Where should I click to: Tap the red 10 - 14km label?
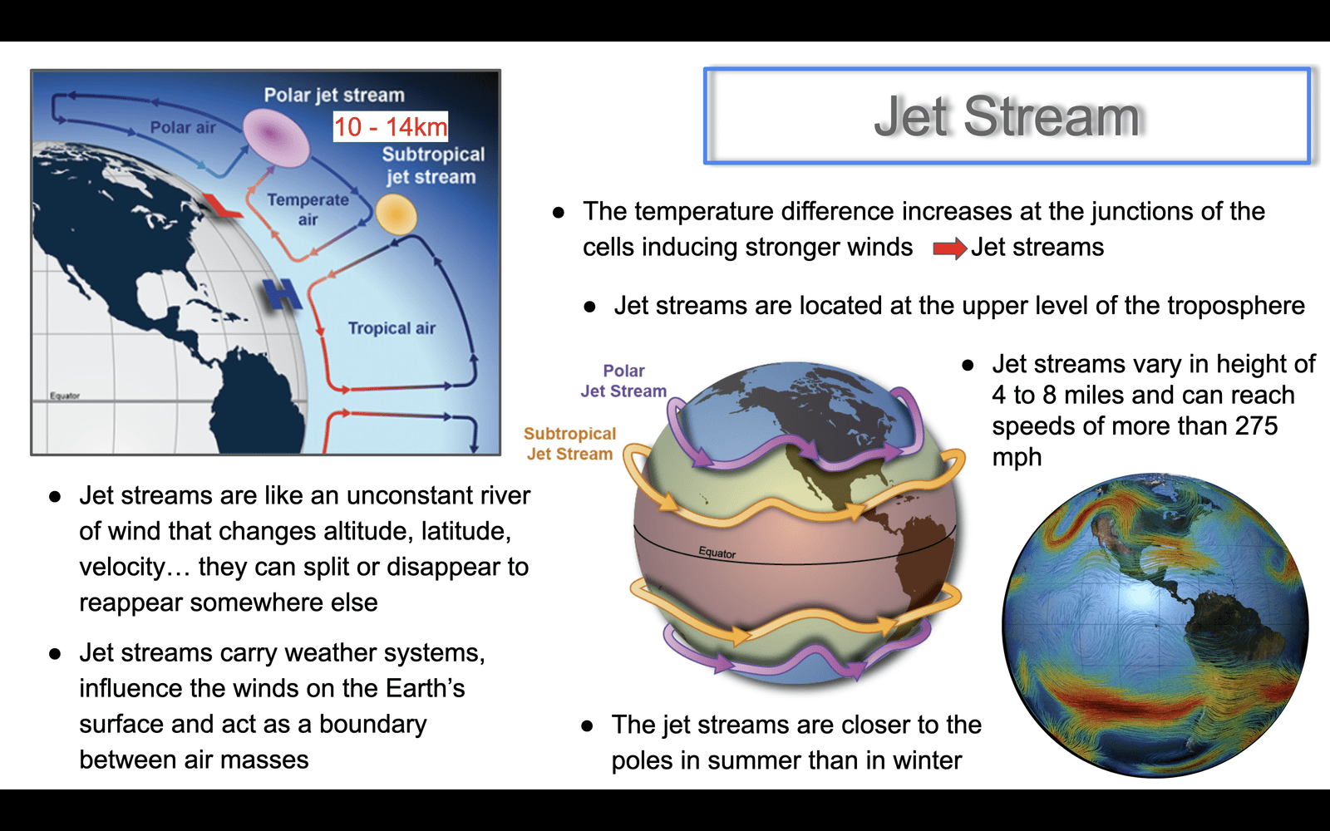(x=390, y=126)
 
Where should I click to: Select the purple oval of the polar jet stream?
(x=276, y=137)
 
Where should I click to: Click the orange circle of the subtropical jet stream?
(x=396, y=215)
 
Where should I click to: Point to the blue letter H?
(x=282, y=294)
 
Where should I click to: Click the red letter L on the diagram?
(x=221, y=205)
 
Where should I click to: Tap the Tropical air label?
(x=392, y=328)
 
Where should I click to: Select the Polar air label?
(x=182, y=127)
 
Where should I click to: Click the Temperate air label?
(x=308, y=209)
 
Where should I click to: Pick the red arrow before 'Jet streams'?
(x=950, y=248)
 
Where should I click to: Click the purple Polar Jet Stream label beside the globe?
(x=623, y=381)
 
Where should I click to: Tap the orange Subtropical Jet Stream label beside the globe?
(x=569, y=444)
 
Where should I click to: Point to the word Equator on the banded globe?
(x=717, y=553)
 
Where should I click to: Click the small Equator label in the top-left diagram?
(x=65, y=396)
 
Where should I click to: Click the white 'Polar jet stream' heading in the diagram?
(x=334, y=96)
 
